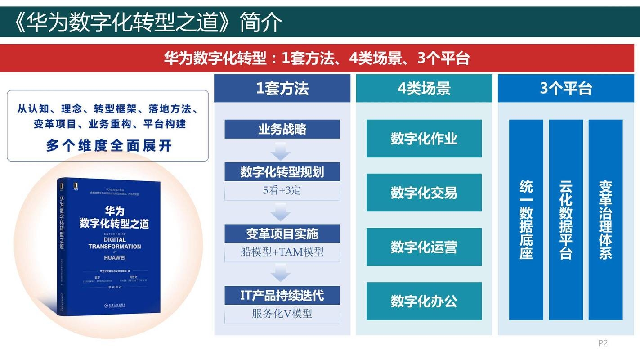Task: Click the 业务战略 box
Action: [x=282, y=129]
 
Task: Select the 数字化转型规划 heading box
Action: [x=282, y=172]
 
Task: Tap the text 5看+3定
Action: [x=282, y=190]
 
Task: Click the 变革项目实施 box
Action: [x=282, y=234]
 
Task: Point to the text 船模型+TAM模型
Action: [x=282, y=252]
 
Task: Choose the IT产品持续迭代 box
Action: [x=282, y=296]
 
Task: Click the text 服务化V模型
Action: [x=282, y=314]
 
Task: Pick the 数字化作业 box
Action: [x=424, y=139]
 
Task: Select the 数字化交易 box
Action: [x=424, y=193]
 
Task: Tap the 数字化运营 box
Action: [x=424, y=247]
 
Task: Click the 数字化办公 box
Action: [x=424, y=301]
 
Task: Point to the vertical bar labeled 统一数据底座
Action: [x=526, y=220]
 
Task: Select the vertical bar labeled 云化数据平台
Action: [x=566, y=220]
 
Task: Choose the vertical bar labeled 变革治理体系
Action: [x=605, y=220]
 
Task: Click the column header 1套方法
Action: [x=282, y=88]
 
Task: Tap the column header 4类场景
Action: [x=424, y=88]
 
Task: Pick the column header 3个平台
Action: [x=566, y=88]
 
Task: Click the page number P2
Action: [x=603, y=343]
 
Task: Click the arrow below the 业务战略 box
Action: [x=281, y=151]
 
